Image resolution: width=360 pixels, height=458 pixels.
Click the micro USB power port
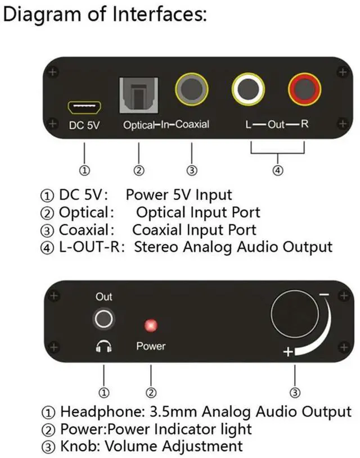tap(83, 105)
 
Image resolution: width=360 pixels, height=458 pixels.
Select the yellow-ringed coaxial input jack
tap(191, 89)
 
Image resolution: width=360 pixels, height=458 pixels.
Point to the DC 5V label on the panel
tap(84, 125)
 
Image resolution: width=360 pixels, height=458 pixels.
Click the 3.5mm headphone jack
tap(103, 320)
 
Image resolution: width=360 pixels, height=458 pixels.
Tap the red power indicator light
tap(151, 325)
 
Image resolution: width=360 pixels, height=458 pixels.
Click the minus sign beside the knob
tap(323, 294)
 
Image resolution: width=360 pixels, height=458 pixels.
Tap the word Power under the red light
tap(151, 346)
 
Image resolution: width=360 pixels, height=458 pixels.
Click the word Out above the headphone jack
tap(103, 297)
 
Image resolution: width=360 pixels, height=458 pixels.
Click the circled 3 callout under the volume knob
tap(295, 392)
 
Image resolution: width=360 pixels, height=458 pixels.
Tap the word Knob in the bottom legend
tap(79, 447)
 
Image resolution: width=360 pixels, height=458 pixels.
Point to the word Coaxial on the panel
tap(192, 124)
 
